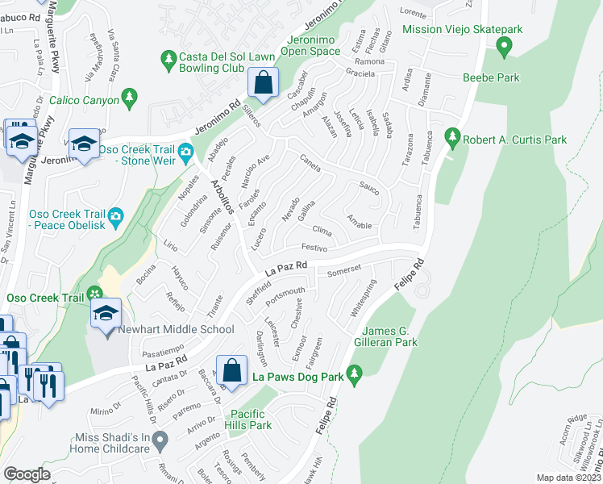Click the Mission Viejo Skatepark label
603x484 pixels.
(464, 29)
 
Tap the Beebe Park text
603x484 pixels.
(491, 78)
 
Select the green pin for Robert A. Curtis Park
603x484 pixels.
(452, 139)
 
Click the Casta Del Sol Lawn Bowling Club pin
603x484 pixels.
(168, 59)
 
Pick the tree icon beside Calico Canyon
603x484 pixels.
(128, 98)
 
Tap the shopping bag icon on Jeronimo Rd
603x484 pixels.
(264, 81)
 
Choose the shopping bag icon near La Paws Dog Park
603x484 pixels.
(231, 370)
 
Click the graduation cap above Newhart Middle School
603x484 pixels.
(106, 312)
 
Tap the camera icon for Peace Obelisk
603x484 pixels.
(115, 216)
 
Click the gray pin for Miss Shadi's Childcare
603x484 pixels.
(160, 441)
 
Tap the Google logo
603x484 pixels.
(27, 474)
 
